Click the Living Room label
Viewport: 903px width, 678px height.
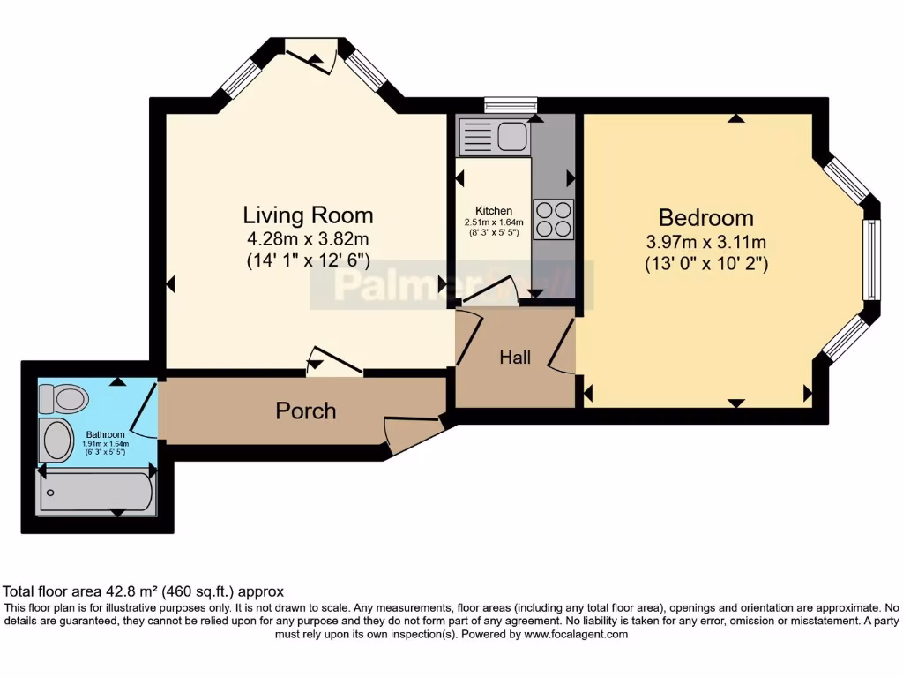[308, 215]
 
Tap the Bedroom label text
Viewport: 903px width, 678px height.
[705, 217]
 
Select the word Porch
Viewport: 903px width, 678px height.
[306, 411]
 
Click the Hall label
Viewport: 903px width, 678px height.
[515, 358]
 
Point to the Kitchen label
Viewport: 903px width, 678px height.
[494, 210]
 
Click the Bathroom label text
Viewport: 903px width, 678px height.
[104, 435]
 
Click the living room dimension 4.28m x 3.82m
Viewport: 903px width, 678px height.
[308, 238]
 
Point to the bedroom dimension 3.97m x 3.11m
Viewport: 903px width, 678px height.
[705, 241]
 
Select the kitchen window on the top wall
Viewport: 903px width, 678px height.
[511, 104]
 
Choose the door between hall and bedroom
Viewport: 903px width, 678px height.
[561, 345]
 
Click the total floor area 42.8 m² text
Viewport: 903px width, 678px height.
[144, 591]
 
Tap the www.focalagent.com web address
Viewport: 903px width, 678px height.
[575, 634]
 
